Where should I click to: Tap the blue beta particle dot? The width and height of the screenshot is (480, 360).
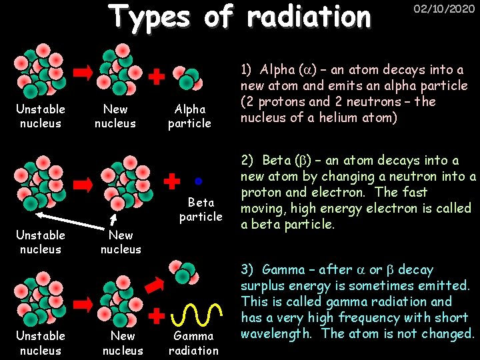(x=199, y=181)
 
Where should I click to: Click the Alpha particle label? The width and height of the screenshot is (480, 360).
(x=189, y=116)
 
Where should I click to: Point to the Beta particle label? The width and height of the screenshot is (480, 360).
(x=200, y=209)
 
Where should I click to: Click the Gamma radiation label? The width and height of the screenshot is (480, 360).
(x=193, y=343)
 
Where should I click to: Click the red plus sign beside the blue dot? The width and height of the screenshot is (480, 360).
(x=173, y=181)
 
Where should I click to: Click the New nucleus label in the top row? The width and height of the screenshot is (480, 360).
(x=115, y=116)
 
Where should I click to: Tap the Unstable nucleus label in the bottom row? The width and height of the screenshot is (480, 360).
(x=41, y=343)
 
